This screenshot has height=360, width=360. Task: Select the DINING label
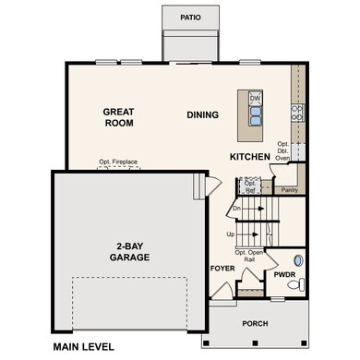pyautogui.click(x=201, y=115)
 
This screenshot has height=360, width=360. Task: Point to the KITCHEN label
pyautogui.click(x=250, y=158)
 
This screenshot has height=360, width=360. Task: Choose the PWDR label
pyautogui.click(x=282, y=274)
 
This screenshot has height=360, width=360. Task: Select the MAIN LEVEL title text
pyautogui.click(x=83, y=347)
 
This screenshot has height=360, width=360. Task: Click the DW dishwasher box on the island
pyautogui.click(x=255, y=97)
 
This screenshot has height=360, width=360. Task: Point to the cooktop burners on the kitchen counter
pyautogui.click(x=297, y=113)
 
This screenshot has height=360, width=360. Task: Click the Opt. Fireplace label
pyautogui.click(x=118, y=162)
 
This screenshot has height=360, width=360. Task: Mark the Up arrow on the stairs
pyautogui.click(x=244, y=235)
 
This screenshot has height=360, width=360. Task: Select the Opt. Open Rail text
pyautogui.click(x=249, y=256)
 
